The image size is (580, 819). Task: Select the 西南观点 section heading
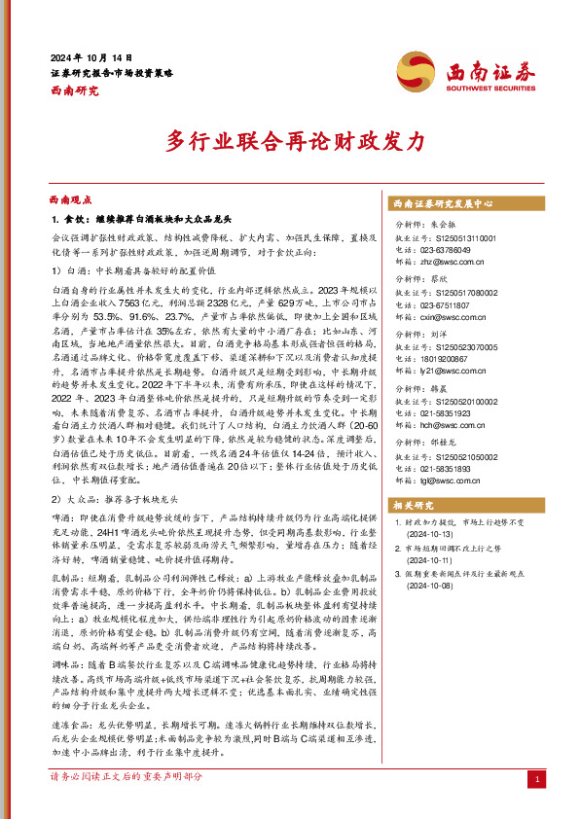click(x=71, y=197)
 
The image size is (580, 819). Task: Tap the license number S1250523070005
click(x=450, y=347)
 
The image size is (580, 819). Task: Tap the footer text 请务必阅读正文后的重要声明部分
click(x=127, y=776)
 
